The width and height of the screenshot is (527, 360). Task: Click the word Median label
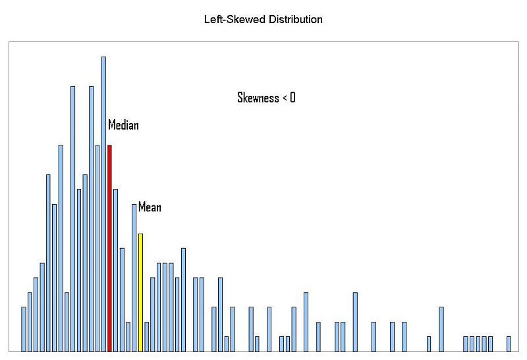coord(123,125)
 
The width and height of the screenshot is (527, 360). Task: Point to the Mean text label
coord(150,207)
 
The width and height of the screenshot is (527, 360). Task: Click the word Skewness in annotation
coord(258,98)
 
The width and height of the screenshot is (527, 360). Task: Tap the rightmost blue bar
coord(509,344)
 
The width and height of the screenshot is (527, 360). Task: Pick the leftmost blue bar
coord(24,329)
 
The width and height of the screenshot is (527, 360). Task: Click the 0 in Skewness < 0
coord(292,98)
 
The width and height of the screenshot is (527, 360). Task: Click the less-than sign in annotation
coord(285,98)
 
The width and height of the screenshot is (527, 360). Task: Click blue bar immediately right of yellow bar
coord(146,336)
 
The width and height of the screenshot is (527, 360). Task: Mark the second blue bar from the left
coord(30,322)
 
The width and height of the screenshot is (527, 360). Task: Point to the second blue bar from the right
coord(490,344)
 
